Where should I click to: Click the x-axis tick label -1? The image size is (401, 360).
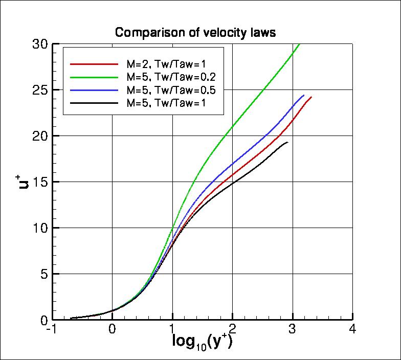click(x=51, y=330)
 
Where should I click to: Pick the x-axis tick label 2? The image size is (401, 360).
click(x=232, y=330)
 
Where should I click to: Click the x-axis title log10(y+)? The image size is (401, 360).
click(x=202, y=341)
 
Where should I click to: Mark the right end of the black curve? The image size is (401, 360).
click(x=288, y=142)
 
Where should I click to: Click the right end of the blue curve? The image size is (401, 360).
click(x=304, y=95)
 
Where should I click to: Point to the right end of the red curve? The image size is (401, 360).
click(x=311, y=97)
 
